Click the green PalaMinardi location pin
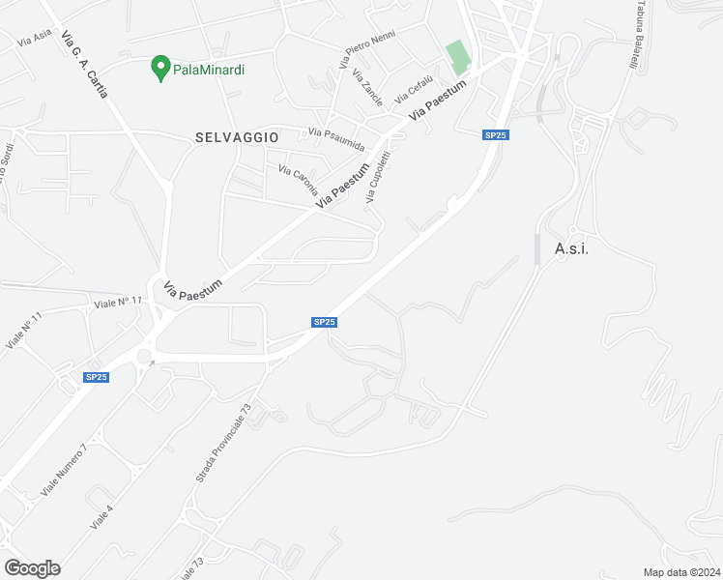point(161,69)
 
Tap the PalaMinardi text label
point(208,70)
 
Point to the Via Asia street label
point(34,40)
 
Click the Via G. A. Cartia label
point(84,64)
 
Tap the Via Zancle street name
point(367,87)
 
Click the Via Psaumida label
point(336,139)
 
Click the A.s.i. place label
point(572,248)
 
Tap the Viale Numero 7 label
point(64,471)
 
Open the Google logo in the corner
point(32,568)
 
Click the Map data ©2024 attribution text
point(681,572)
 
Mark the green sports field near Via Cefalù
point(458,57)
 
